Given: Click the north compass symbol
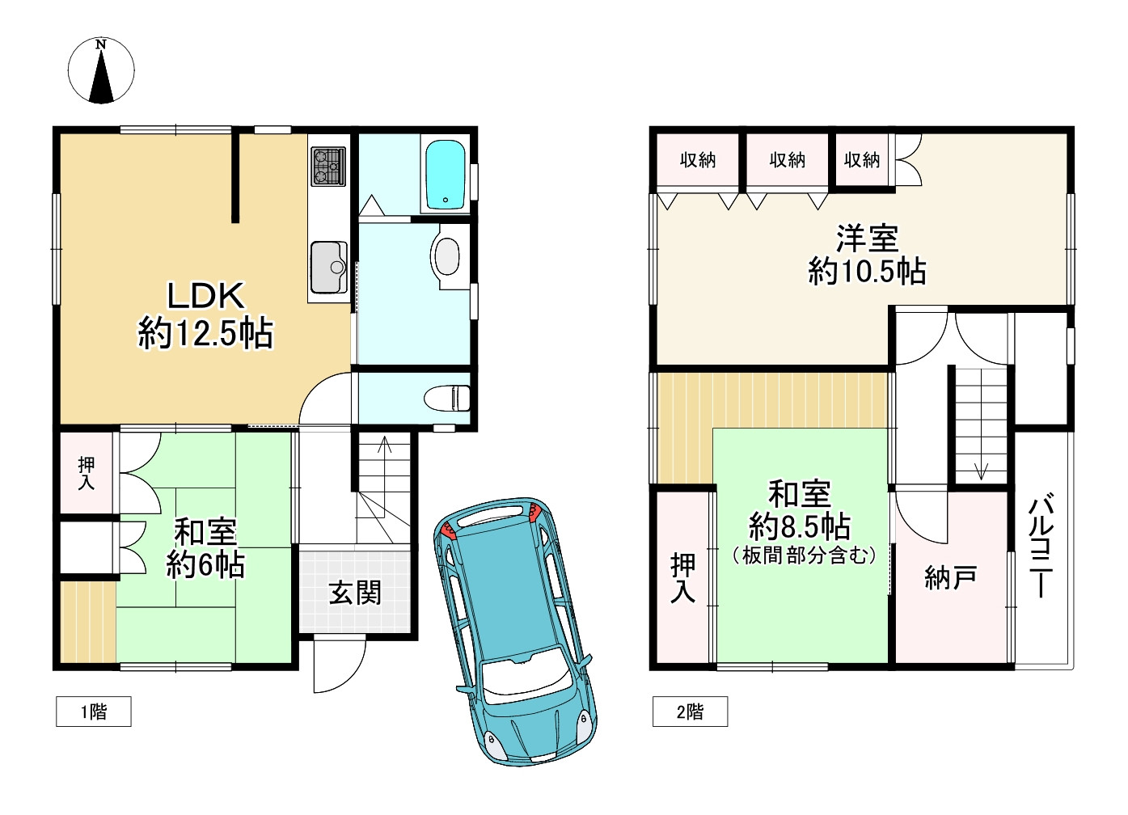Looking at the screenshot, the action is click(x=101, y=70).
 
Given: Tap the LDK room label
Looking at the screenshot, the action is click(x=205, y=295).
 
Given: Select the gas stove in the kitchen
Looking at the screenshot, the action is click(x=328, y=166).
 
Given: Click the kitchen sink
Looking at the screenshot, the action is click(x=329, y=268).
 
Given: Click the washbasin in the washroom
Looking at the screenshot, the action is click(x=446, y=255).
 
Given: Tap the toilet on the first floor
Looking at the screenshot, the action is click(x=447, y=398).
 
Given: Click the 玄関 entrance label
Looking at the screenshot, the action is click(x=354, y=593).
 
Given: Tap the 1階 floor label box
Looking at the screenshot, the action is click(x=94, y=712).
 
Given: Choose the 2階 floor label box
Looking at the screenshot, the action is click(x=690, y=712).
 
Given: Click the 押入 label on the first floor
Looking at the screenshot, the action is click(x=86, y=473).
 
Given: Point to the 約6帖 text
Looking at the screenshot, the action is click(x=205, y=565).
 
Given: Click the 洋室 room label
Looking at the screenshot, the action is click(x=867, y=239).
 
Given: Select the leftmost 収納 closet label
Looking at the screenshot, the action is click(x=698, y=160).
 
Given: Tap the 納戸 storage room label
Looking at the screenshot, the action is click(x=950, y=577).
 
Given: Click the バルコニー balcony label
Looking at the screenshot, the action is click(x=1041, y=547).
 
